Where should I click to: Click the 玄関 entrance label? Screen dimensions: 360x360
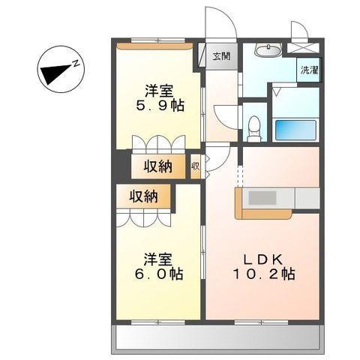click(x=220, y=56)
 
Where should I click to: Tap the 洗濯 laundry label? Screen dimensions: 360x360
click(x=307, y=70)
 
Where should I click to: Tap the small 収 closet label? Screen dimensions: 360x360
click(x=195, y=166)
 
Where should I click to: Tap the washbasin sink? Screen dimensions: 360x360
click(x=266, y=51)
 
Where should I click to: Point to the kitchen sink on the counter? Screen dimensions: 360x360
click(x=262, y=198)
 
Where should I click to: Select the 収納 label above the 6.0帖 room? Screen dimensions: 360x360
click(x=142, y=197)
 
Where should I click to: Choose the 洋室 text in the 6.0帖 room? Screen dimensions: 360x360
click(x=159, y=259)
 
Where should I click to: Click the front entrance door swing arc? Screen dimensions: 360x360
click(x=220, y=22)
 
